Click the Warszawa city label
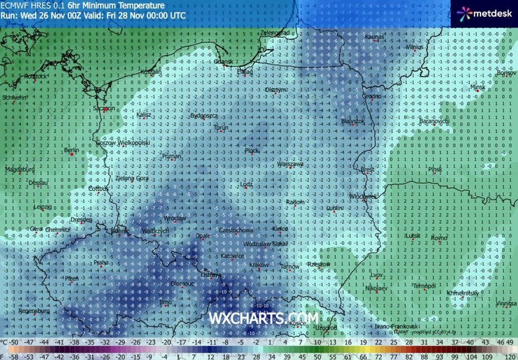pos(290,164)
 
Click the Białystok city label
pos(352,121)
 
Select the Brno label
pos(166,302)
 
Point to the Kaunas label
pos(374,37)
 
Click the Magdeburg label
pos(20,169)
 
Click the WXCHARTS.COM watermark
pos(264,318)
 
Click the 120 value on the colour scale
pos(509,356)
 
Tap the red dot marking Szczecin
pos(106,109)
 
